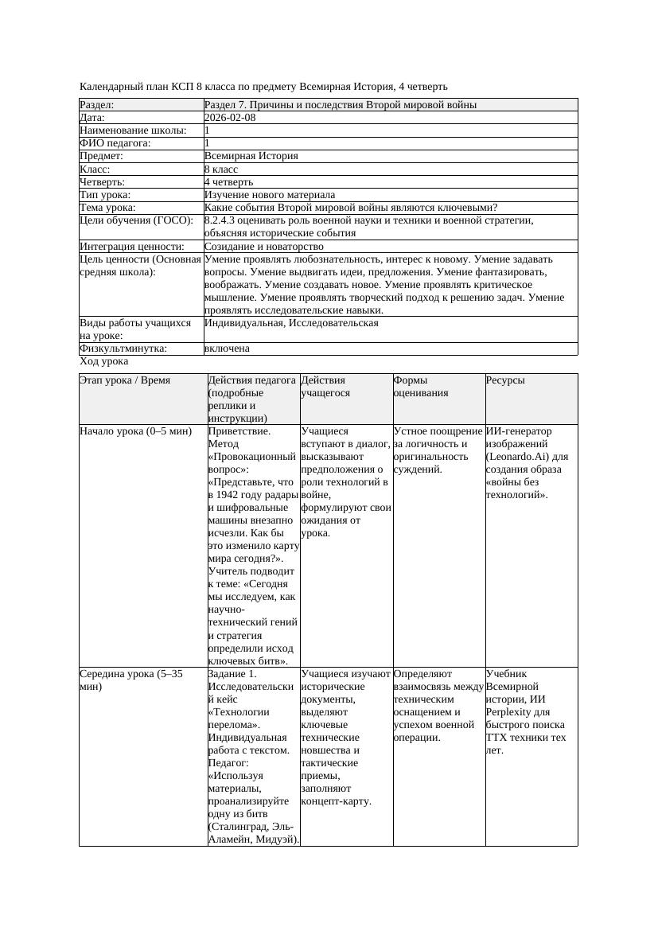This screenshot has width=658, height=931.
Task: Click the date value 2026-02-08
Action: point(230,118)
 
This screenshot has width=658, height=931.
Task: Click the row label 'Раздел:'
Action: point(97,105)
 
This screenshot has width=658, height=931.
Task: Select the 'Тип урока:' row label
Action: point(105,195)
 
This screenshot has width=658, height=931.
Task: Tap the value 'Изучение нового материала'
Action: point(270,195)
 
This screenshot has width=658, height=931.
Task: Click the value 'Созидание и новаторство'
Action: point(263,247)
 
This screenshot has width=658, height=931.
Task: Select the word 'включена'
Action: point(227,349)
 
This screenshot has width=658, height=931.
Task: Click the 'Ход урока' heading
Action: point(103,361)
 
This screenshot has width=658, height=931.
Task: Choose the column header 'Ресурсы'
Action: point(505,380)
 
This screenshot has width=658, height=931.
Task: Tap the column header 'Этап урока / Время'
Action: point(125,380)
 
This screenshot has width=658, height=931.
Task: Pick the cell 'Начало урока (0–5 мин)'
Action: point(136,431)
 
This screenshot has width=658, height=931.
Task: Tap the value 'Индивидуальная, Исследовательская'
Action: point(291,323)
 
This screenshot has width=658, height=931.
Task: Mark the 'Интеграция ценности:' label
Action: point(132,247)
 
